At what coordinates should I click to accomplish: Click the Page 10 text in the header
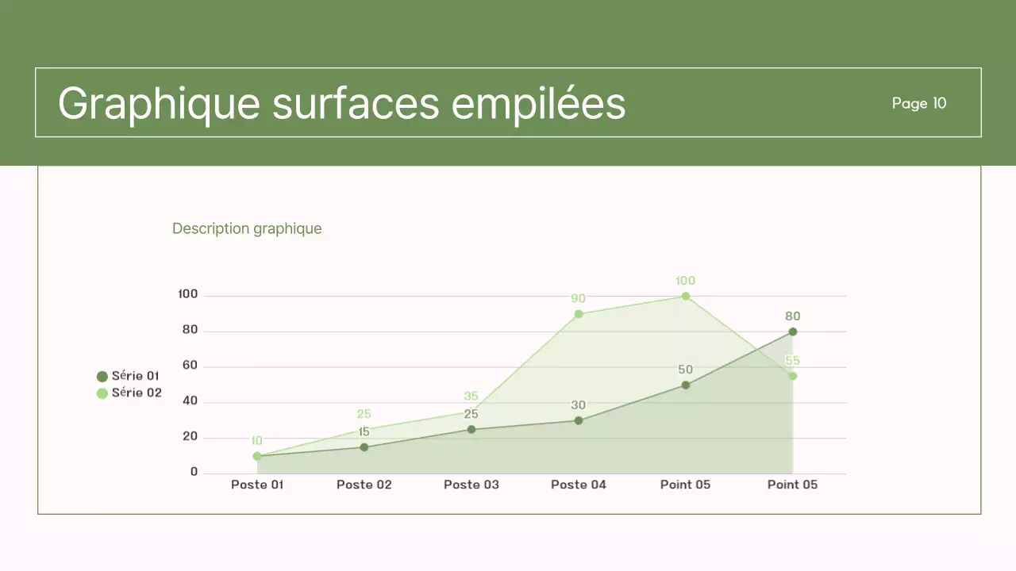[918, 103]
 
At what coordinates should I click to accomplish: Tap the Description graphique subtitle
[247, 228]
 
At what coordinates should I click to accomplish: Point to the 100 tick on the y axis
[188, 294]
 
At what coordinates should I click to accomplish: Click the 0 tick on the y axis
[194, 472]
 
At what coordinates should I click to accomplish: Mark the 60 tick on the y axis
[190, 366]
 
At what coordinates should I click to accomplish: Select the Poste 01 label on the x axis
[257, 485]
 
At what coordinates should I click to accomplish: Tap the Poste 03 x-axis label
[471, 485]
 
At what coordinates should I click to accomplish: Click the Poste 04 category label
[579, 485]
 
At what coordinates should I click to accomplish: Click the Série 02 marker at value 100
[686, 297]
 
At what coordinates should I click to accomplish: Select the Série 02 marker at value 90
[579, 314]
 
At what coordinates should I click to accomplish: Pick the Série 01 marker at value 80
[793, 331]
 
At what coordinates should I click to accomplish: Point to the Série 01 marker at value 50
[686, 385]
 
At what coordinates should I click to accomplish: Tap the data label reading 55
[793, 361]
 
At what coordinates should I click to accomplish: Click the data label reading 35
[471, 397]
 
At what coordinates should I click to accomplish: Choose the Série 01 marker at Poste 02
[364, 447]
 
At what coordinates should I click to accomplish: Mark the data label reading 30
[579, 405]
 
